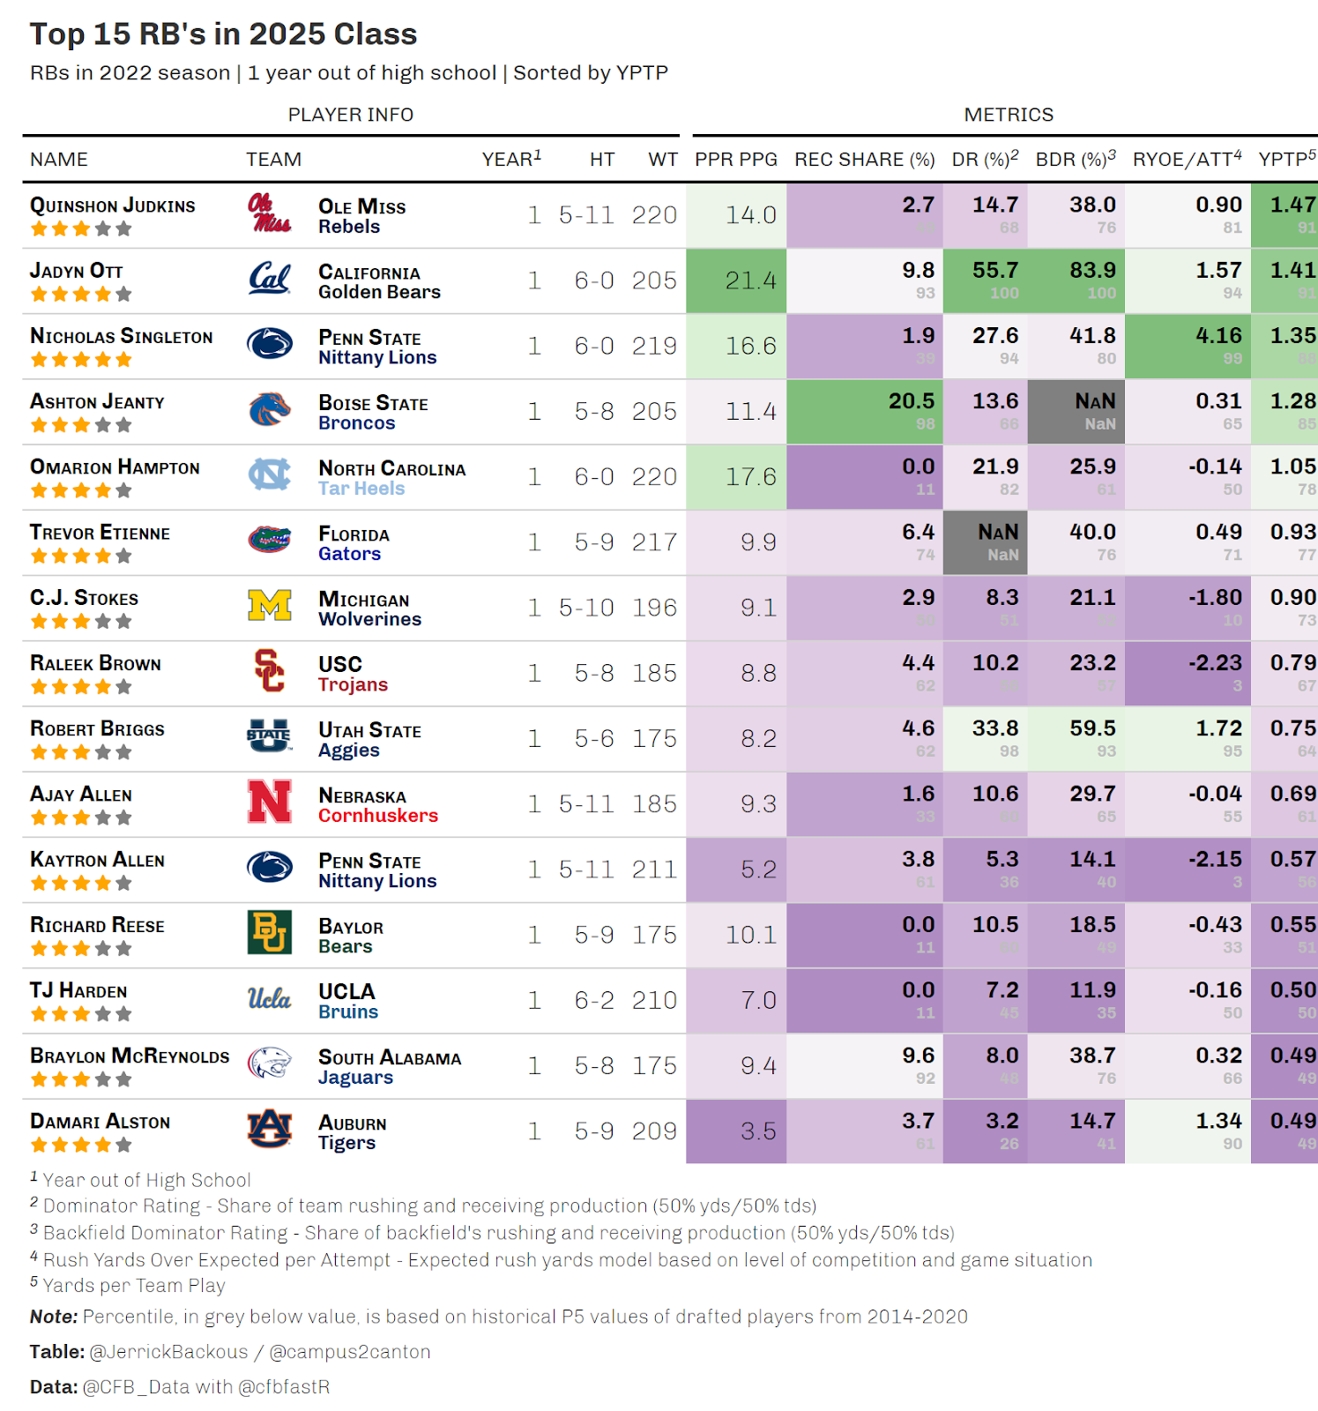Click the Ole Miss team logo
point(269,214)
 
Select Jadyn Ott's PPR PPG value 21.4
point(750,280)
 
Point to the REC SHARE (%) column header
point(864,160)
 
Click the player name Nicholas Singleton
point(122,336)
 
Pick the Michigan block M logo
point(270,607)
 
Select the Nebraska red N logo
point(270,803)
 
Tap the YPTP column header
point(1286,160)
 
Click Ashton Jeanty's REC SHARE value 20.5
point(911,401)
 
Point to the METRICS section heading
point(1009,115)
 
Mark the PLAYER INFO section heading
point(351,115)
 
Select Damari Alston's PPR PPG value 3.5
point(757,1131)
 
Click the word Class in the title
point(375,34)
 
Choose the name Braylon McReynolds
point(130,1056)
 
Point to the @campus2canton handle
point(349,1352)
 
